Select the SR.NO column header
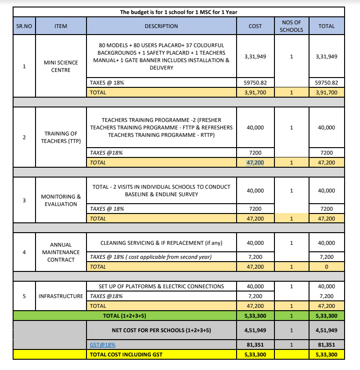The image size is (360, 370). [x=24, y=26]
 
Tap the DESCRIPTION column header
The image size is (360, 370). [x=161, y=26]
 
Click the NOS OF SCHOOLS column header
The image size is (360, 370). [x=291, y=26]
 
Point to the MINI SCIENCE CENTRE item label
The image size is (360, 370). [x=61, y=66]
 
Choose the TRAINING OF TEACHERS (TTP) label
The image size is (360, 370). [x=61, y=137]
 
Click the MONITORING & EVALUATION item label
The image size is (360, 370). [x=61, y=200]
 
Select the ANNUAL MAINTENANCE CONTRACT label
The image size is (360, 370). [x=61, y=252]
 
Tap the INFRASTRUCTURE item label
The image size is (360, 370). [x=61, y=296]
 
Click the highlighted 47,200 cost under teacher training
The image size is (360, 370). [x=255, y=163]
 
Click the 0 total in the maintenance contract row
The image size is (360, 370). [x=326, y=267]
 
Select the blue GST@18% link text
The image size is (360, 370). [x=103, y=344]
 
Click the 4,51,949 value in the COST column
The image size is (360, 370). [x=255, y=330]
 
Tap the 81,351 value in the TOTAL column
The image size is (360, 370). [x=326, y=344]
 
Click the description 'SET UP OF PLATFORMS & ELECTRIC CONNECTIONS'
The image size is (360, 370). [x=161, y=286]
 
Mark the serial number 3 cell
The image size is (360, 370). [x=24, y=200]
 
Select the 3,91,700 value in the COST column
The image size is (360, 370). [x=255, y=92]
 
